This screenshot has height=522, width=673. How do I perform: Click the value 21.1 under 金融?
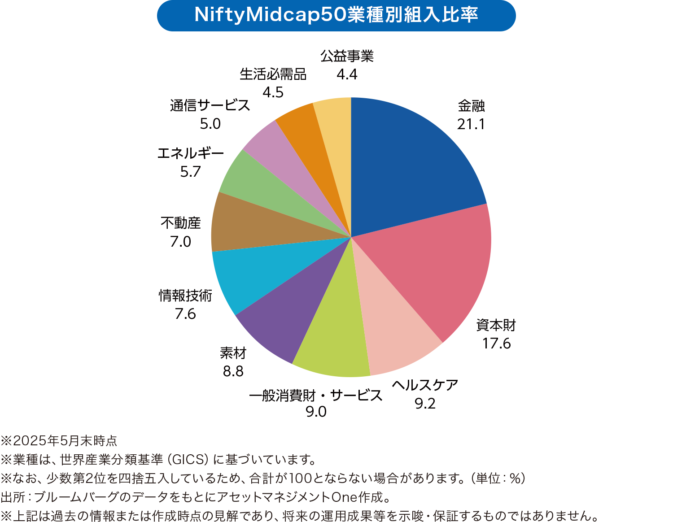[x=471, y=124]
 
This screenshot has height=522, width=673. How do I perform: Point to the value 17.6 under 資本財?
[x=496, y=344]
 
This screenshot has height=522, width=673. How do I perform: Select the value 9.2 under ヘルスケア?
[x=425, y=404]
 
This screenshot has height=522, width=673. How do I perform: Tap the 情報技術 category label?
[x=185, y=296]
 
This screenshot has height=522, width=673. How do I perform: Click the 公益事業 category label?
[x=347, y=56]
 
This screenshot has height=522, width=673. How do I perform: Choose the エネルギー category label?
[x=190, y=153]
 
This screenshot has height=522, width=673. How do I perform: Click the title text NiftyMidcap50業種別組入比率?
[x=336, y=15]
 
